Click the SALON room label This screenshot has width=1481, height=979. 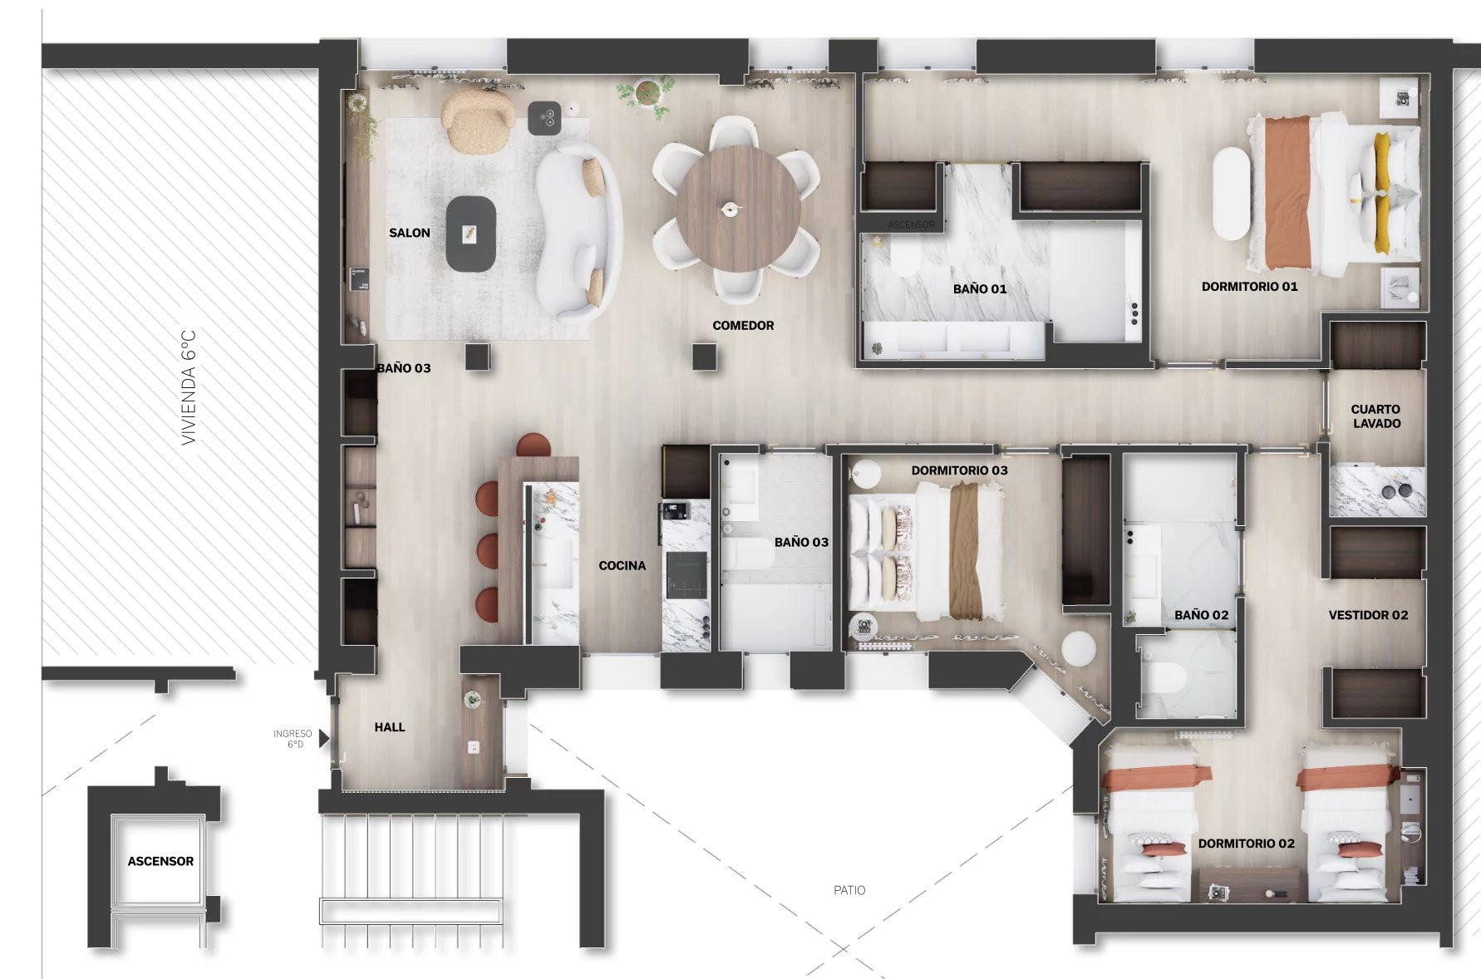pyautogui.click(x=410, y=233)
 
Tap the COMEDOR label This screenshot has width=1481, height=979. pyautogui.click(x=743, y=326)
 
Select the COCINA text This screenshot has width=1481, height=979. pyautogui.click(x=622, y=566)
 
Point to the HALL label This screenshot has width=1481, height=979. pyautogui.click(x=390, y=727)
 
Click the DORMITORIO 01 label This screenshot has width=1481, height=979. pyautogui.click(x=1249, y=287)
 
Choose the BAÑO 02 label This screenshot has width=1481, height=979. pyautogui.click(x=1201, y=615)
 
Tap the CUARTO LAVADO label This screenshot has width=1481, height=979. pyautogui.click(x=1376, y=416)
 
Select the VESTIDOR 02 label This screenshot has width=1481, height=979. pyautogui.click(x=1368, y=615)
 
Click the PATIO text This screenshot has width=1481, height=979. pyautogui.click(x=849, y=890)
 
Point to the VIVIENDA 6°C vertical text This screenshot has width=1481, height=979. pyautogui.click(x=189, y=387)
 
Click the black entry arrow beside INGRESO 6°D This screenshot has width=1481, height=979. pyautogui.click(x=324, y=738)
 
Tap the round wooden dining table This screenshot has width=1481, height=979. pyautogui.click(x=738, y=209)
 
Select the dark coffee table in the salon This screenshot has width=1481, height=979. pyautogui.click(x=470, y=234)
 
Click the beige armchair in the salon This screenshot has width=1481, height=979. pyautogui.click(x=478, y=122)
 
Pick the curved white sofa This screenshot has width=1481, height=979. pyautogui.click(x=578, y=231)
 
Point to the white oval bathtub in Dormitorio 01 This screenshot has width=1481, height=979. pyautogui.click(x=1232, y=194)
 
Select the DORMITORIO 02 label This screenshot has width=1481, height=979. pyautogui.click(x=1246, y=844)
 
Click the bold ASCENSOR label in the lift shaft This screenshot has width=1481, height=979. pyautogui.click(x=160, y=862)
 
